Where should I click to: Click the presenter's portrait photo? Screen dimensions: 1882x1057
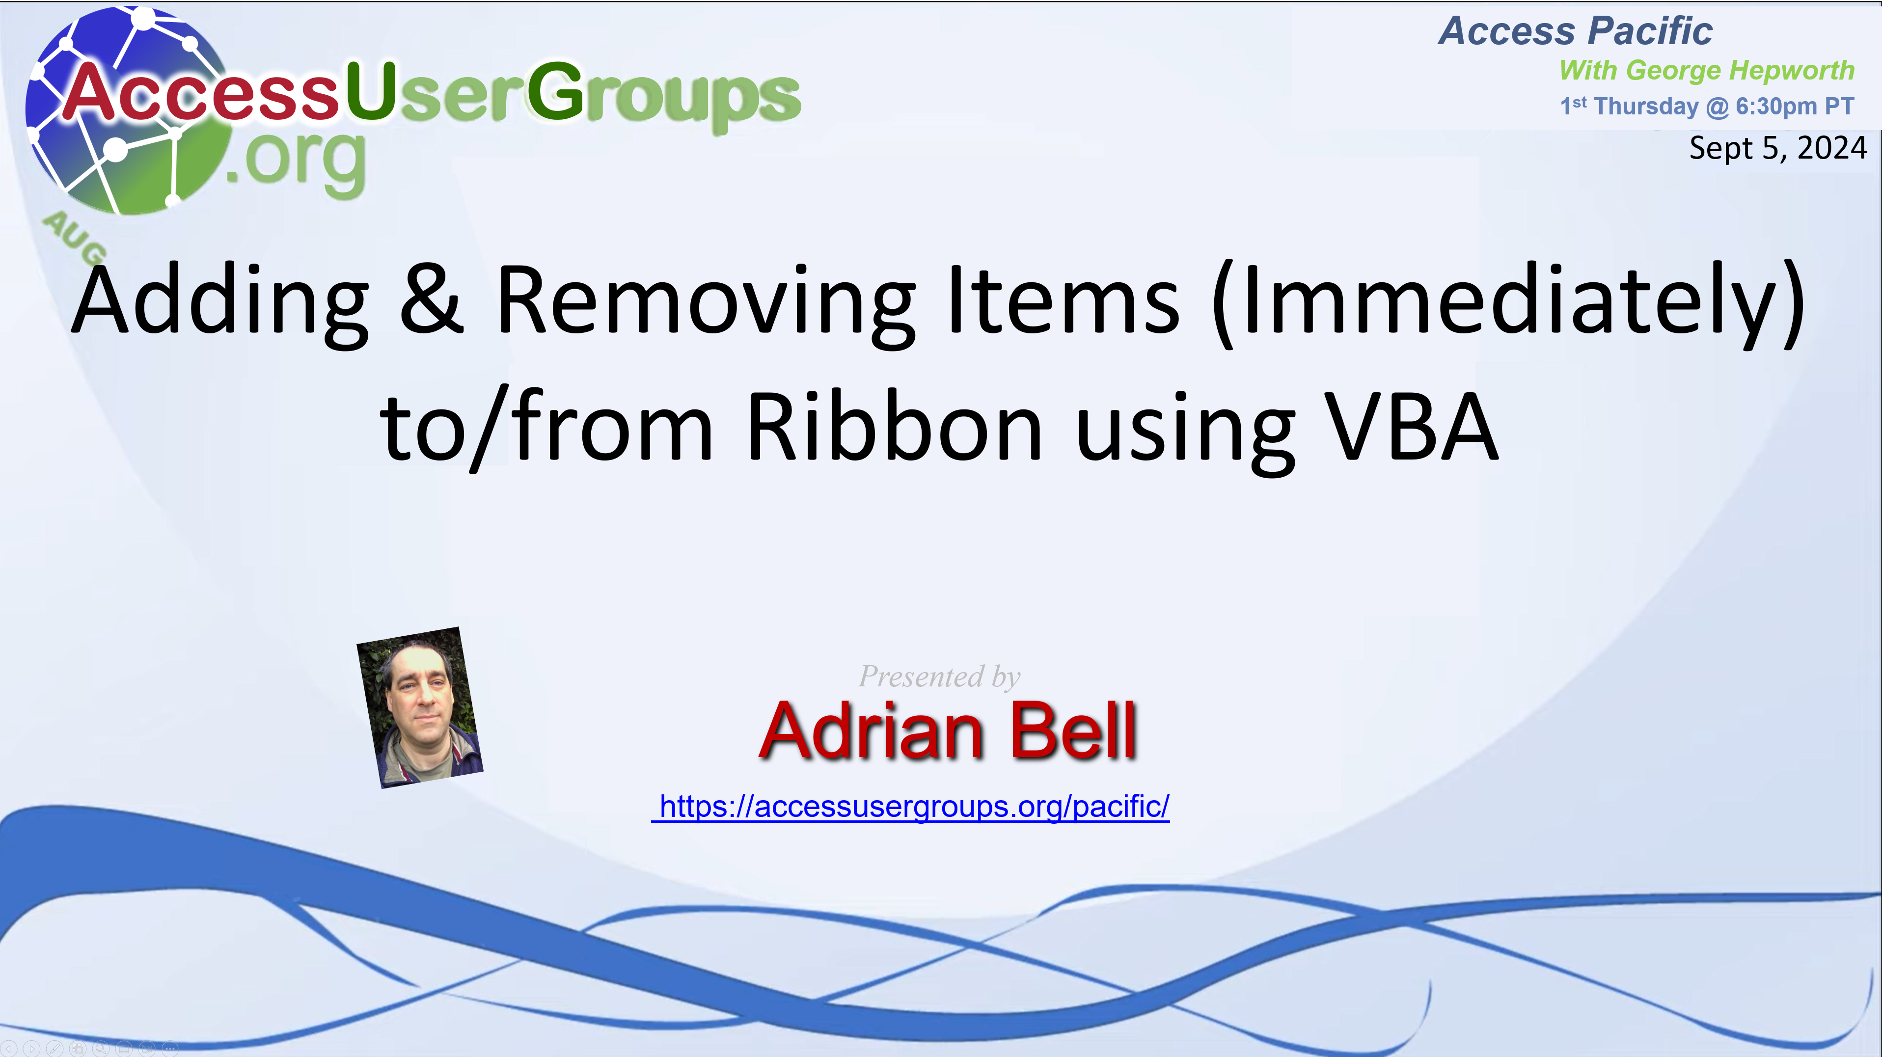point(419,707)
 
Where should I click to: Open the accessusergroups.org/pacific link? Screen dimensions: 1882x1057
point(910,807)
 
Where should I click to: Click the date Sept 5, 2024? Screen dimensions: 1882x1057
point(1777,148)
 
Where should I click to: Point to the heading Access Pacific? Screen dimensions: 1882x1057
point(1575,31)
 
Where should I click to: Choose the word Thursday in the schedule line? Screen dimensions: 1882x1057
point(1646,107)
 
